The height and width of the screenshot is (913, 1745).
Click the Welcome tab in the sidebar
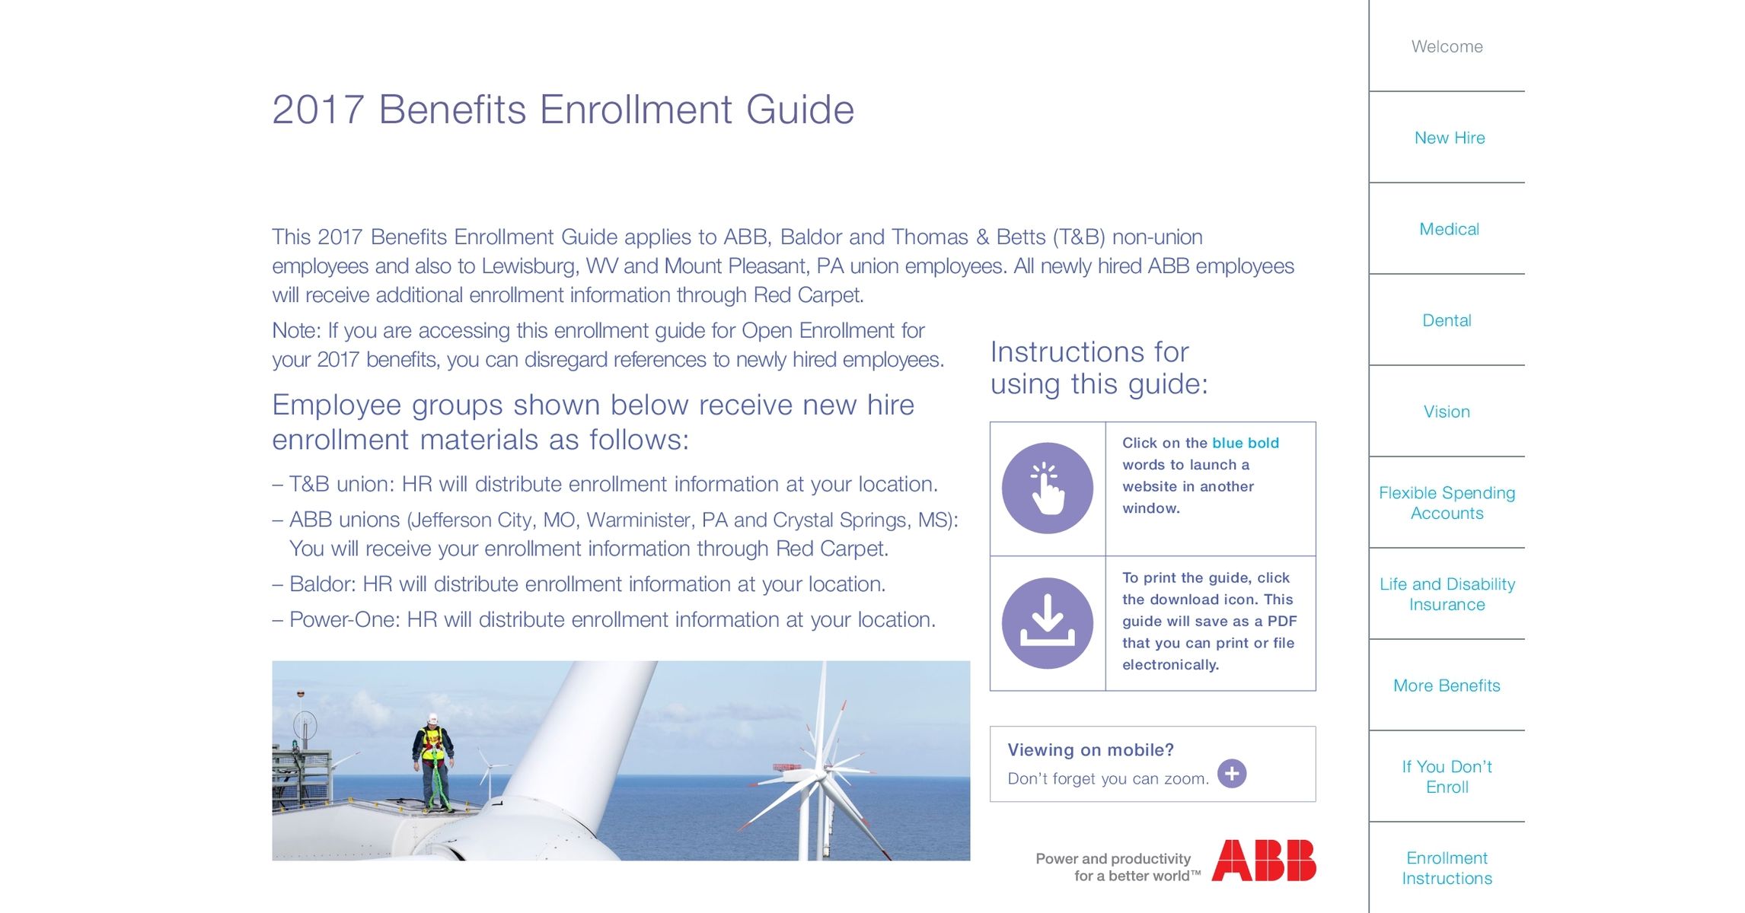(x=1447, y=46)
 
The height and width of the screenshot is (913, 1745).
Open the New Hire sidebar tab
(x=1449, y=138)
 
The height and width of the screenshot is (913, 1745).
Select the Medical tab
(x=1448, y=229)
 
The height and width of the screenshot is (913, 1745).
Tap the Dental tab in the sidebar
(x=1447, y=320)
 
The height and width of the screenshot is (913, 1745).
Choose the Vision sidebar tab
(x=1447, y=412)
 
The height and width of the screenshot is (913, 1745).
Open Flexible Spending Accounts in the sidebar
(x=1447, y=502)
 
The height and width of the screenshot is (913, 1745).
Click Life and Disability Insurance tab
(x=1447, y=593)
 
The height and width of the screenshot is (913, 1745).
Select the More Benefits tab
(x=1447, y=686)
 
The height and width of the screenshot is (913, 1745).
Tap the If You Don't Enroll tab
(x=1447, y=776)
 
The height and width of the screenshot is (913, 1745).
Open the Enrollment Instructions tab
(x=1447, y=867)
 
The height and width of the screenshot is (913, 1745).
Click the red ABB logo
(x=1264, y=861)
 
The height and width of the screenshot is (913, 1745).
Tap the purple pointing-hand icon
(x=1047, y=488)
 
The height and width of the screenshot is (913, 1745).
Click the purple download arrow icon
(x=1047, y=623)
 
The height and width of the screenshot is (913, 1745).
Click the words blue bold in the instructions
(x=1245, y=443)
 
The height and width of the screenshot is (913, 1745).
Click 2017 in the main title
(x=317, y=110)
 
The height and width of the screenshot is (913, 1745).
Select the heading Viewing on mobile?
(x=1090, y=750)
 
